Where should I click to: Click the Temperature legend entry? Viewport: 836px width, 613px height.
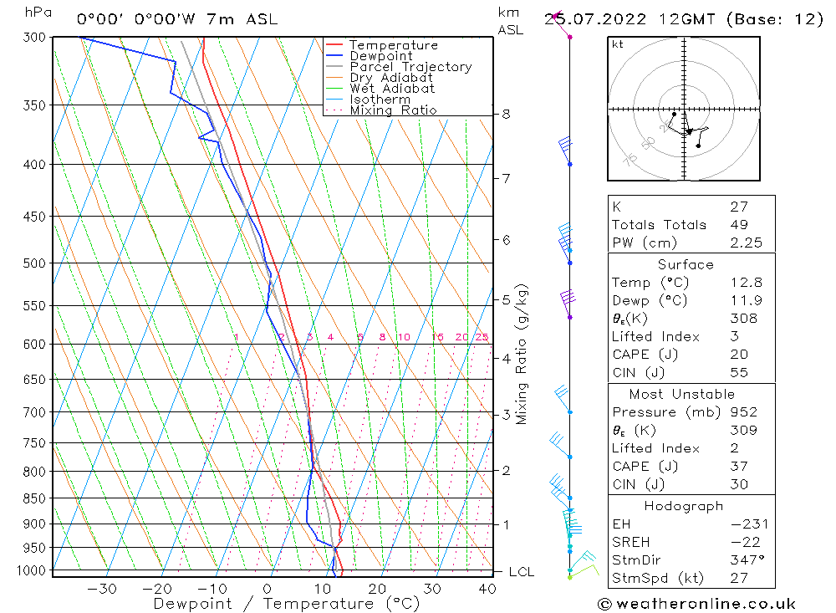click(393, 45)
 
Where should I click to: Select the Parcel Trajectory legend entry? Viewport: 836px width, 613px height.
click(410, 67)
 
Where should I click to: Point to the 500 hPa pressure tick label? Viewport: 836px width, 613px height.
click(34, 263)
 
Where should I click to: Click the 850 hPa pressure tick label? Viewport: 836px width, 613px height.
click(34, 498)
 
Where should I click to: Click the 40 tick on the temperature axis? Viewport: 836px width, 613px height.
click(487, 589)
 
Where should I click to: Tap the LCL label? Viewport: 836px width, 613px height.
click(521, 572)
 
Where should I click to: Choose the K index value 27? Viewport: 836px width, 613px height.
click(739, 207)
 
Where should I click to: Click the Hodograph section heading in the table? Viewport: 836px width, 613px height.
click(685, 506)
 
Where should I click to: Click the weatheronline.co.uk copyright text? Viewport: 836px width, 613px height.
click(696, 604)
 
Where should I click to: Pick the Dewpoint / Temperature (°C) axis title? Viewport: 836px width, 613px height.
click(274, 603)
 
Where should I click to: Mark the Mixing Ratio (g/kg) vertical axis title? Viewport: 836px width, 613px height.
click(522, 354)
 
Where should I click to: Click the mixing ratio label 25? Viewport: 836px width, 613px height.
click(482, 337)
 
